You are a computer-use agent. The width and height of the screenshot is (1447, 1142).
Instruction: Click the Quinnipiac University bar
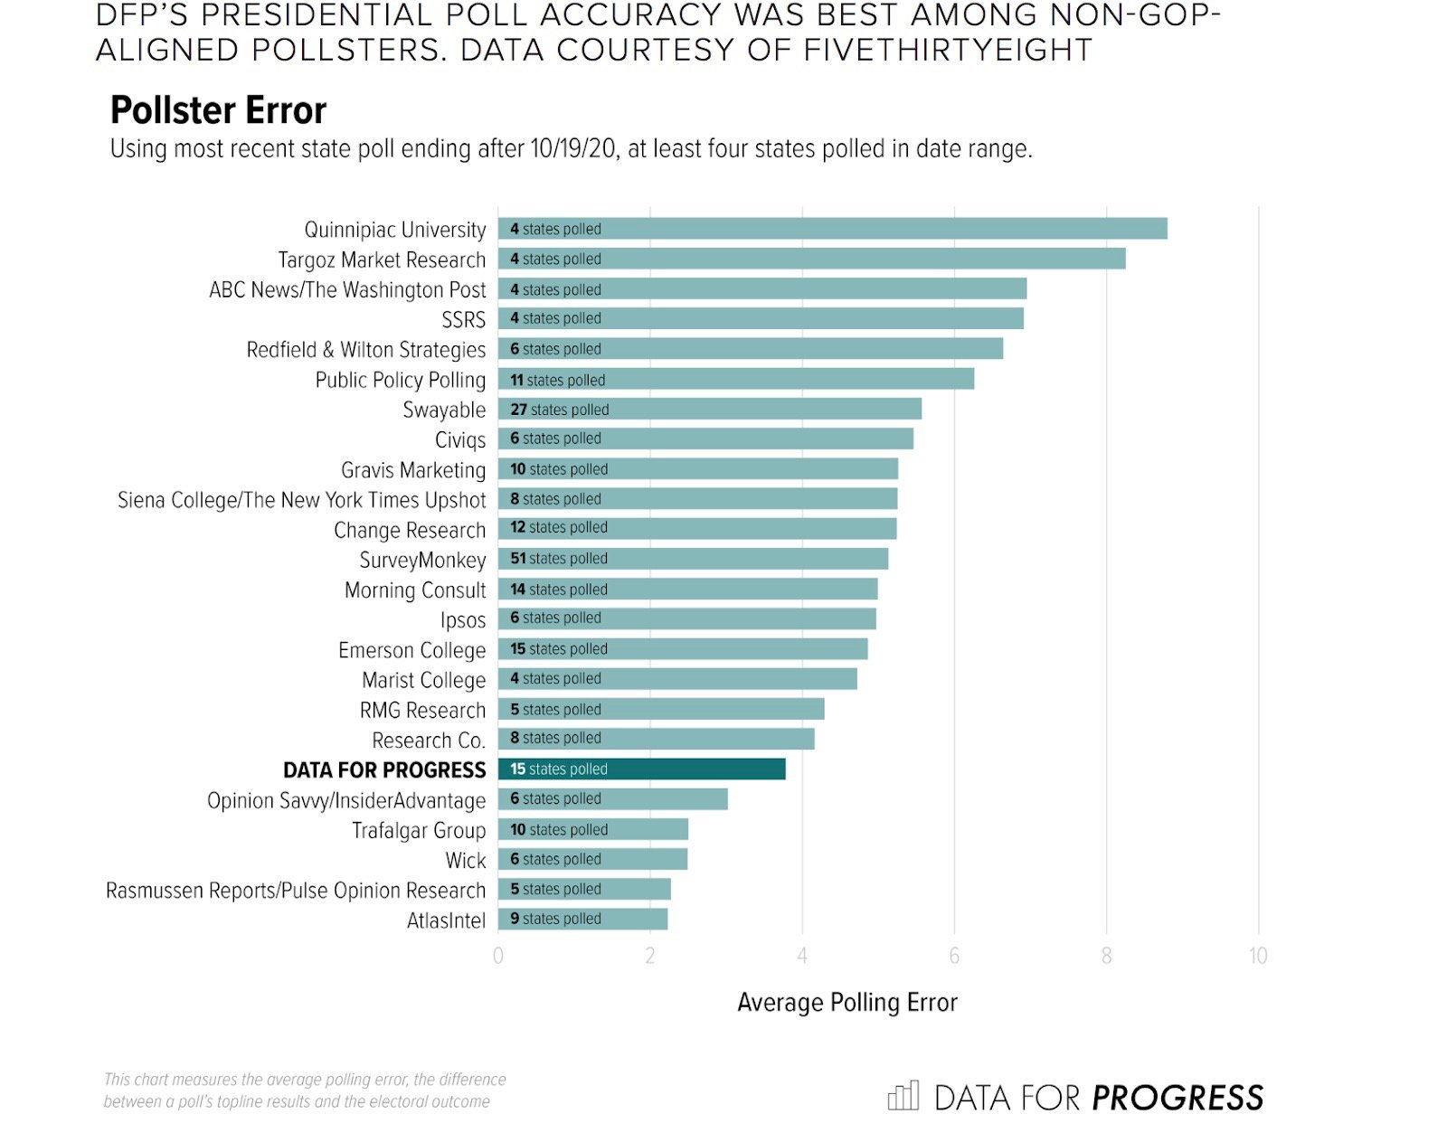(832, 229)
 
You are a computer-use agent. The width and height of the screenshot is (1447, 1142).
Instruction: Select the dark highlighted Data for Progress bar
(641, 769)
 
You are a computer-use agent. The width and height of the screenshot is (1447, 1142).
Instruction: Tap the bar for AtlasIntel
(582, 920)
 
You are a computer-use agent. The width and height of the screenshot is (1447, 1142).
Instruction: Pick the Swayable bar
(709, 410)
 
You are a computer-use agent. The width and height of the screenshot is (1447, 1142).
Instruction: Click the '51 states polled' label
(559, 559)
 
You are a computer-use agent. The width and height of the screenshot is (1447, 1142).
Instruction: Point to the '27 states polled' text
(560, 410)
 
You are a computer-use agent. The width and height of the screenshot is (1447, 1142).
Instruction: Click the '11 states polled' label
(558, 380)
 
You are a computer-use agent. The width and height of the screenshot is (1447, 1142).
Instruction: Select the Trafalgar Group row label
(419, 830)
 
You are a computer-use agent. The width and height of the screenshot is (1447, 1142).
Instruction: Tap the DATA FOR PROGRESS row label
(384, 770)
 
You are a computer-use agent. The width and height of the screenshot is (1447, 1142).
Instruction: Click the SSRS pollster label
(463, 320)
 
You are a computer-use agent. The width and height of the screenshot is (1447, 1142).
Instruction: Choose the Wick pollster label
(466, 860)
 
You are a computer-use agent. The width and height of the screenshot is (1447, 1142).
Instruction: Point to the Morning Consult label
(415, 590)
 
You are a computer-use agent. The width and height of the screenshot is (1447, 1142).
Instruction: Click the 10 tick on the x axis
(1257, 956)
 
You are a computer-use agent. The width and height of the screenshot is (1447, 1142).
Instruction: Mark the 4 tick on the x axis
(802, 956)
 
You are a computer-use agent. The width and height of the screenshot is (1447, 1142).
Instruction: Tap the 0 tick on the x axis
(498, 956)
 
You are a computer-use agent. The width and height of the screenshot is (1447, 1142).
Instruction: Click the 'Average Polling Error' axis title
(846, 1003)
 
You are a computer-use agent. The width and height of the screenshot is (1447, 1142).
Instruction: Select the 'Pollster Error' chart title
(218, 110)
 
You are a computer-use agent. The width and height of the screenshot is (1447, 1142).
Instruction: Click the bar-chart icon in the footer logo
(903, 1096)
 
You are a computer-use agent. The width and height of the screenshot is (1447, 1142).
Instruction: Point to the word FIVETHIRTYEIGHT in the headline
(948, 51)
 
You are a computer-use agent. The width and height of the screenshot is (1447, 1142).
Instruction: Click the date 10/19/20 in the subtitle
(573, 149)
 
